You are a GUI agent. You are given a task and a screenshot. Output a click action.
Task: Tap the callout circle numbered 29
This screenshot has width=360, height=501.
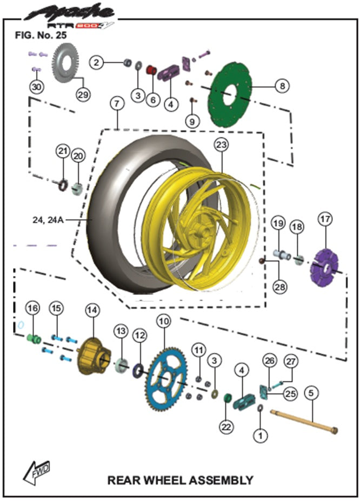(82, 95)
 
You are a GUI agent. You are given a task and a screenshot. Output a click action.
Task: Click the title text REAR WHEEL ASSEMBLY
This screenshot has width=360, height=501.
(180, 480)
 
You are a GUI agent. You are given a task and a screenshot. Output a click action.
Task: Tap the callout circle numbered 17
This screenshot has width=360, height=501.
(324, 219)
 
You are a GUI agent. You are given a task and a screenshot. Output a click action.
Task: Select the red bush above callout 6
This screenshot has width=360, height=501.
(151, 70)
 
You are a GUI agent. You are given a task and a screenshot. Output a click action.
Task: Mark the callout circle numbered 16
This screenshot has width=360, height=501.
(32, 308)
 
